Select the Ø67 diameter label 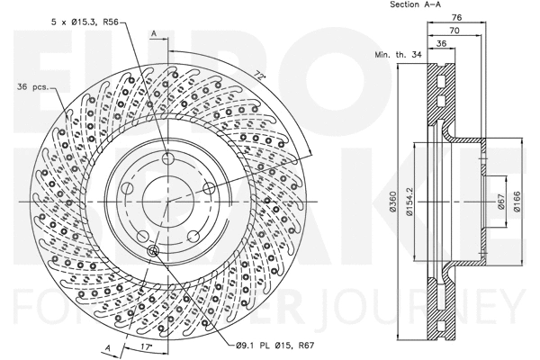click(499, 203)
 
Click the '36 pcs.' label click(32, 87)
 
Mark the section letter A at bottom click(107, 347)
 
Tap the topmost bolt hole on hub click(168, 160)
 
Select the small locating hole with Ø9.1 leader click(151, 250)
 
